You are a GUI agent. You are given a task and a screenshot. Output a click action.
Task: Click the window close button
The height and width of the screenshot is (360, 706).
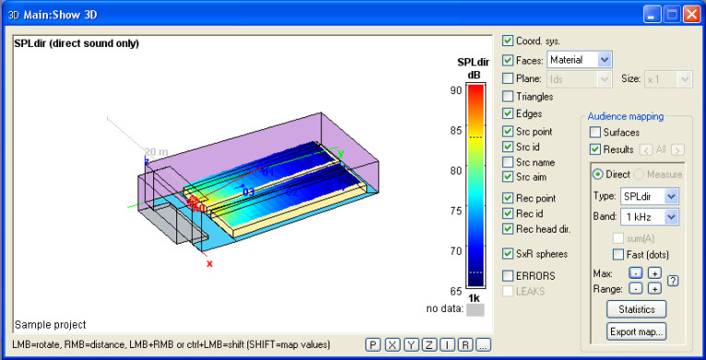688,15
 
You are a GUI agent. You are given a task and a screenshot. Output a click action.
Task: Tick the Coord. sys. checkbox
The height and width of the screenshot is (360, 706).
509,41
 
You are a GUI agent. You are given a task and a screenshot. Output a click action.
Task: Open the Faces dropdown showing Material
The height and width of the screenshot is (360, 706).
579,59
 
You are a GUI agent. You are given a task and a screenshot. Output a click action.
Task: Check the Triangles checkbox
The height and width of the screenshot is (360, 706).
509,96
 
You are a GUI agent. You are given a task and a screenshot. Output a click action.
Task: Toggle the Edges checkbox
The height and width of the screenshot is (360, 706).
509,114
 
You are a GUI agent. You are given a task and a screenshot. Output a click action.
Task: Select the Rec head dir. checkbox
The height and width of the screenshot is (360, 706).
509,230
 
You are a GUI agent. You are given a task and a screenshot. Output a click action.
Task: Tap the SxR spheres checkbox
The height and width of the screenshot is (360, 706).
509,253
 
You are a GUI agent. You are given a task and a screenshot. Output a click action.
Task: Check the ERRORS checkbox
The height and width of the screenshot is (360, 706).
509,275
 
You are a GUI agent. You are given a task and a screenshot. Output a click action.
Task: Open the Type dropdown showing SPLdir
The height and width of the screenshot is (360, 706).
635,196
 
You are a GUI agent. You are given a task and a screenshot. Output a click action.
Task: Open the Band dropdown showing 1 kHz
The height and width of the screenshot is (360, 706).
635,217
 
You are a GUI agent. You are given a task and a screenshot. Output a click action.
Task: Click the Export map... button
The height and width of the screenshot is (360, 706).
636,331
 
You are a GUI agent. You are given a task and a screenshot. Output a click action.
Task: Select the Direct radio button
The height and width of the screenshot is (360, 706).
598,174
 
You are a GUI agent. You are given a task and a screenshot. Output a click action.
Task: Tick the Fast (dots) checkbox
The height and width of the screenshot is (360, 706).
618,255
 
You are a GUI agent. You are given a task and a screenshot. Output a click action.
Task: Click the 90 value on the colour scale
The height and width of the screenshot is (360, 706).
456,90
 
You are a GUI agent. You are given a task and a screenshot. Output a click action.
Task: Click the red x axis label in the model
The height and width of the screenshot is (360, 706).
209,264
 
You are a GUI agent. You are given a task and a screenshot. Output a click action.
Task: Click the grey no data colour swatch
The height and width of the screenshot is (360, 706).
474,311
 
